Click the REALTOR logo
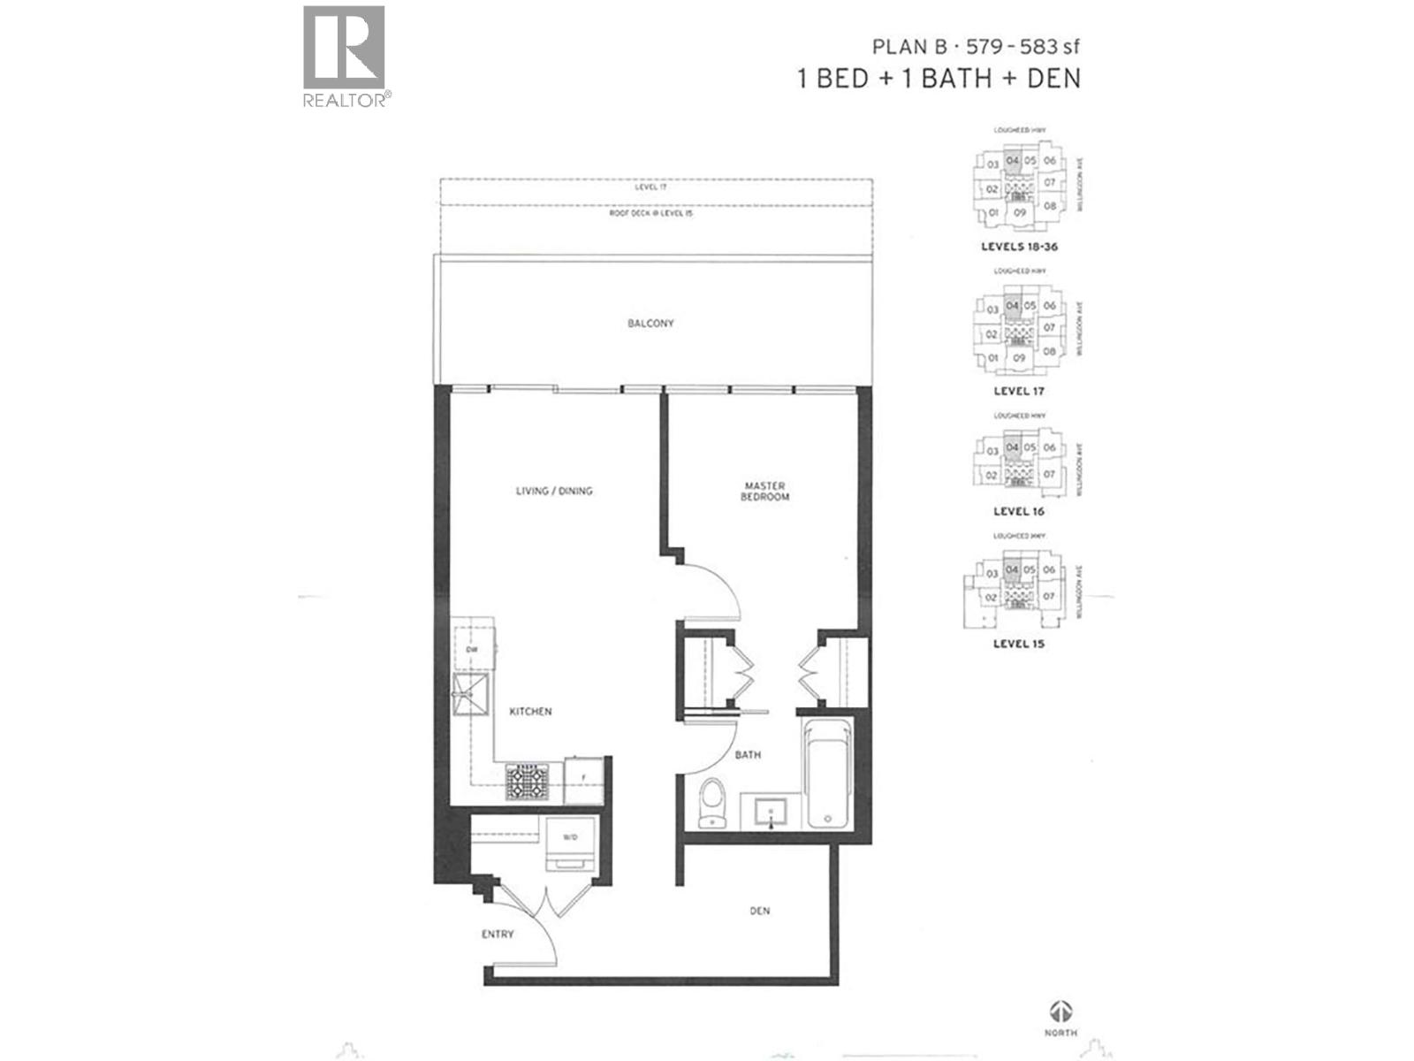coord(344,55)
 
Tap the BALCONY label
coord(650,324)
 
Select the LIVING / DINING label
coord(554,491)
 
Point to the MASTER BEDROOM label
coord(765,492)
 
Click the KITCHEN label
coord(530,711)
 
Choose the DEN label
coord(759,911)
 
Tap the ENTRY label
coord(498,934)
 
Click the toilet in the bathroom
coord(711,802)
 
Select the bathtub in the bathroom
coord(827,775)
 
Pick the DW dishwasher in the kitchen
coord(472,650)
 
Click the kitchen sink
coord(471,694)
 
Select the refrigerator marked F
coord(583,778)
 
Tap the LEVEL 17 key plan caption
coord(1018,391)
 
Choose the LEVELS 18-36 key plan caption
coord(1018,247)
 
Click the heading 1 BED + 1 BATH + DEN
coord(939,78)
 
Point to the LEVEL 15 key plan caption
coord(1018,644)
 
